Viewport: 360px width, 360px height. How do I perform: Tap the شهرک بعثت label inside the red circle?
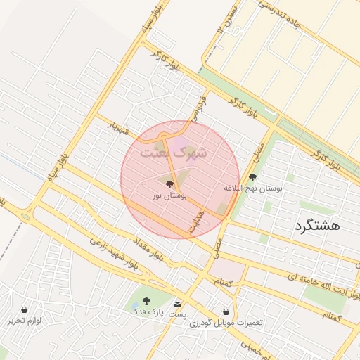[173, 151]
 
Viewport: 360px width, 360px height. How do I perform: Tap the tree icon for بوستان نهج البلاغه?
[252, 177]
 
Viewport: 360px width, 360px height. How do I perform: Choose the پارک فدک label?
[146, 311]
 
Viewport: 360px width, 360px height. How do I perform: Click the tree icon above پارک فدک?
[146, 301]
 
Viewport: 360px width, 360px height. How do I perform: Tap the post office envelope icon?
[177, 304]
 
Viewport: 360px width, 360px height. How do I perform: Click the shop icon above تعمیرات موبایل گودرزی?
[225, 311]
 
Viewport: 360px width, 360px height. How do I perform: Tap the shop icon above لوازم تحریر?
[25, 309]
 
